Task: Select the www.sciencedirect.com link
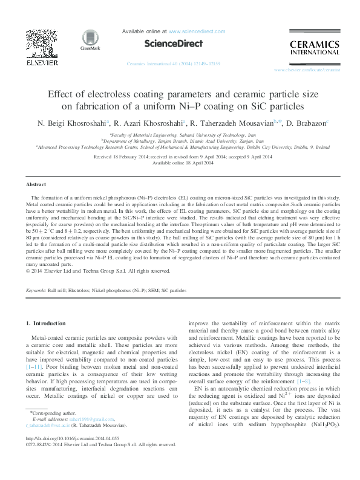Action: [197, 31]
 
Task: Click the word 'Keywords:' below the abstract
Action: [38, 291]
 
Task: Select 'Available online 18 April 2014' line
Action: [180, 163]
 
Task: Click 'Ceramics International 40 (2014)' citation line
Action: [173, 63]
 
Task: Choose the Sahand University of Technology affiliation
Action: [180, 136]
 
